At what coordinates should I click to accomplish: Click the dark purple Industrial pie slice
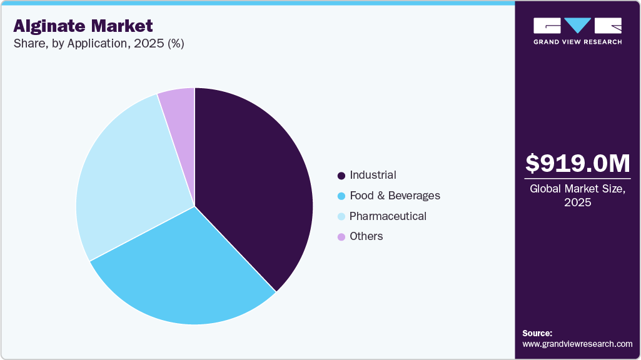tap(256, 181)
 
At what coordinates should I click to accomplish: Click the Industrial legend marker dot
tap(341, 176)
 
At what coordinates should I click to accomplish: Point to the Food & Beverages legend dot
tap(341, 196)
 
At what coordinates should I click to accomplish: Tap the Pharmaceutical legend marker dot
tap(341, 217)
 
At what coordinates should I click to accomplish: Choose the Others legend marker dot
tap(341, 237)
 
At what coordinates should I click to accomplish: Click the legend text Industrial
tap(373, 175)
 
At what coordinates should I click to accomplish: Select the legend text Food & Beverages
tap(395, 196)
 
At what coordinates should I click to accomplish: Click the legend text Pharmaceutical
tap(388, 216)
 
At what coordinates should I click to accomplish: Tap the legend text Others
tap(366, 236)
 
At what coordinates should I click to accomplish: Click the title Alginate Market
tap(83, 26)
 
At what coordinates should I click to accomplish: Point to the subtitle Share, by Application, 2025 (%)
tap(98, 44)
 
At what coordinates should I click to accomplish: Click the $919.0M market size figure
tap(577, 163)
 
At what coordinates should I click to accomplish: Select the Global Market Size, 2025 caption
tap(577, 195)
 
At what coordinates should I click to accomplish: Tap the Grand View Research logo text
tap(577, 42)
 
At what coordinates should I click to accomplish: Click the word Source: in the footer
tap(537, 333)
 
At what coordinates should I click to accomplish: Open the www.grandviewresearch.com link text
tap(577, 344)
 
